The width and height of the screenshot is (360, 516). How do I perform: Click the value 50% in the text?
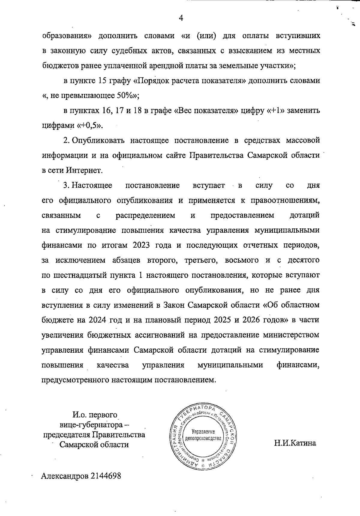tap(128, 96)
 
